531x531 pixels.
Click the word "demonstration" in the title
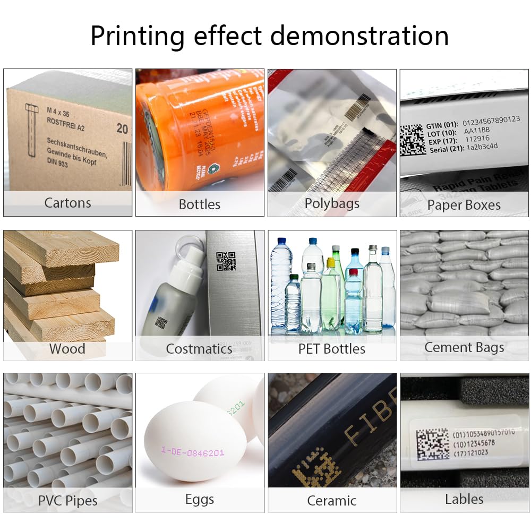tap(359, 36)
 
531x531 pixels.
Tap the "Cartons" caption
tap(67, 203)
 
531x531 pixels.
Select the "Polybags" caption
tap(332, 203)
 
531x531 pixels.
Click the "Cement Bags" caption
tap(464, 348)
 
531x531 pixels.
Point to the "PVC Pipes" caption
tap(67, 501)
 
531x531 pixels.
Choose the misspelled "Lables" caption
tap(464, 499)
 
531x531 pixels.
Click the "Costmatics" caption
tap(199, 349)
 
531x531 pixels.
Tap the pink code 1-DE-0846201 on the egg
tap(192, 452)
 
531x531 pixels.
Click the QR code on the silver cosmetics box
tap(226, 261)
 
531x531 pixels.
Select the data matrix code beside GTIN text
tap(412, 140)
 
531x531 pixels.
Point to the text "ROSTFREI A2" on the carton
tap(65, 127)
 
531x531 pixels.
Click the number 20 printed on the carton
tap(122, 129)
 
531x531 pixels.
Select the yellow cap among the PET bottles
tap(331, 262)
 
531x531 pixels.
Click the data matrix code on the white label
tap(433, 444)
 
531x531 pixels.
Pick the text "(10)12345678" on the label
tap(474, 443)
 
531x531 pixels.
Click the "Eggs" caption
tap(200, 500)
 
